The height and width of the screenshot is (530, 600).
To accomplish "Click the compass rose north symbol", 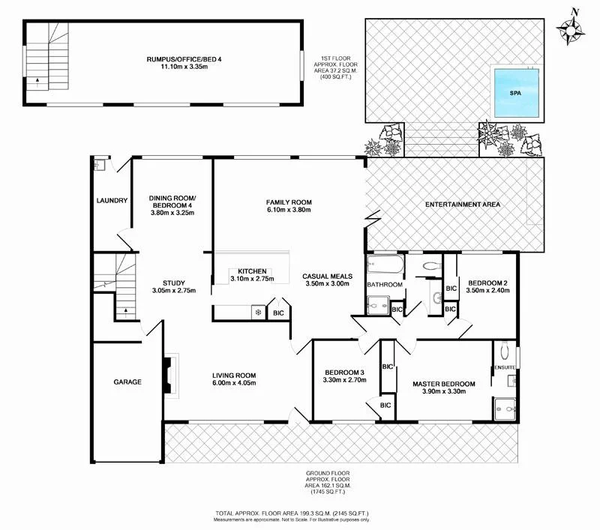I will tap(571, 29).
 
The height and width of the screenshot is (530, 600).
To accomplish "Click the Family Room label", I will tap(289, 202).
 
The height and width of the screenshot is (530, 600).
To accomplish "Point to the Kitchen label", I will tap(253, 271).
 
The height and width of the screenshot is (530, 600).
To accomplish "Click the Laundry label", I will tap(112, 200).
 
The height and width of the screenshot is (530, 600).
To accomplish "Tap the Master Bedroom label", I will tap(444, 384).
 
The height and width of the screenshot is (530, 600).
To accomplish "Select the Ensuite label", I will tap(504, 367).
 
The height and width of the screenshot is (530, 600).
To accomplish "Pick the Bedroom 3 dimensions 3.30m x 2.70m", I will tap(344, 381).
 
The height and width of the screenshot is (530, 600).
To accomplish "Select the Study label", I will tap(173, 283).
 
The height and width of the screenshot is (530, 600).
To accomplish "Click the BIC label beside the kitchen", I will tap(278, 313).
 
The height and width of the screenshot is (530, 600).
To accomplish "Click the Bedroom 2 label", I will tap(487, 282).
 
